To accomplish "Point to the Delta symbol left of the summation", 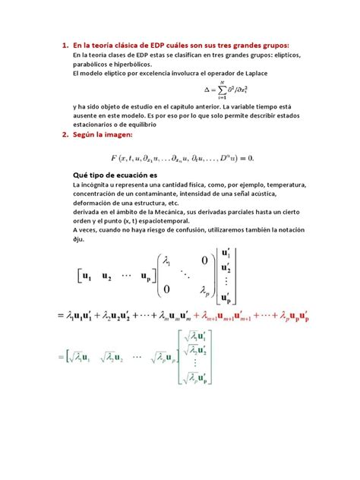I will (x=209, y=90).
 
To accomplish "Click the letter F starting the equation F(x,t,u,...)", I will (x=112, y=157).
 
